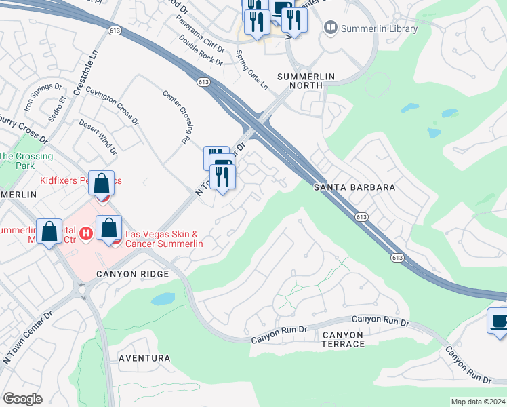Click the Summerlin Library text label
click(380, 28)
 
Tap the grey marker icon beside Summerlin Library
click(331, 28)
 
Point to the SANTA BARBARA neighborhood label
click(354, 187)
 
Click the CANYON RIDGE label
click(131, 274)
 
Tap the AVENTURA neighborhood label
click(144, 358)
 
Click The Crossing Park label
click(26, 161)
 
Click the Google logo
click(22, 399)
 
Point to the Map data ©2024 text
click(478, 402)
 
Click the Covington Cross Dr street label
click(112, 107)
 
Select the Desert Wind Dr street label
click(98, 137)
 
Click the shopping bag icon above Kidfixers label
click(101, 183)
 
